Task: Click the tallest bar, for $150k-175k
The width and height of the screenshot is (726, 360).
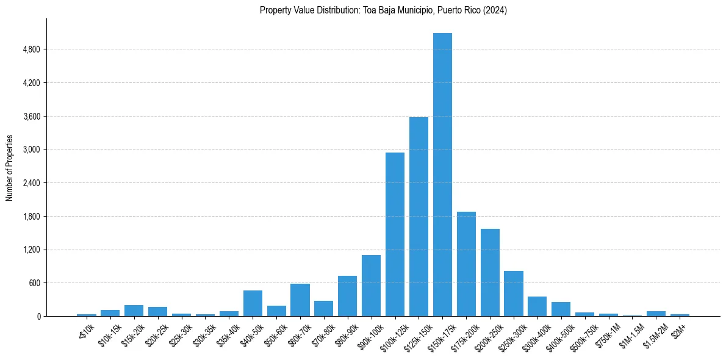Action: pos(442,175)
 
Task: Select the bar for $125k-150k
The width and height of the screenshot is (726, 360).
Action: pos(419,217)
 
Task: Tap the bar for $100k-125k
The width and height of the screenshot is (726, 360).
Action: pos(395,234)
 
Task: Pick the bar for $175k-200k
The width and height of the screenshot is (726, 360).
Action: pos(466,264)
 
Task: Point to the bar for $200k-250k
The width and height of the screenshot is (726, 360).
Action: pos(490,272)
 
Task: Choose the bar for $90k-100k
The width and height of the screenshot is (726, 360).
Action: pos(371,286)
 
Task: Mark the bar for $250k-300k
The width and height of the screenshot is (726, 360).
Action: pos(514,293)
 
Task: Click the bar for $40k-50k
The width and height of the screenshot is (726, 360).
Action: pos(253,303)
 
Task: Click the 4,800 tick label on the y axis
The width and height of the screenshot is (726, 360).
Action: pos(31,49)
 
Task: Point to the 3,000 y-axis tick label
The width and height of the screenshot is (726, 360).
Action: pos(31,149)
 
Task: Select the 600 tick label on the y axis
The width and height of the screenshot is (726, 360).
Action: pos(34,283)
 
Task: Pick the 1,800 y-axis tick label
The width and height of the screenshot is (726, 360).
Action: pos(31,217)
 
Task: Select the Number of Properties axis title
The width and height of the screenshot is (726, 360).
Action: pos(9,168)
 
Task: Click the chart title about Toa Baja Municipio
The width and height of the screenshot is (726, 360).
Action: pos(383,10)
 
